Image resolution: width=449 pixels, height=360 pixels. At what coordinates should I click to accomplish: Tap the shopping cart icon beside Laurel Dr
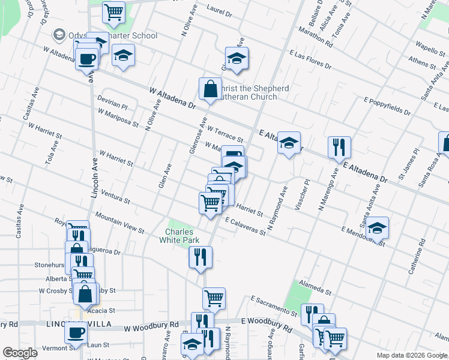pos(113,12)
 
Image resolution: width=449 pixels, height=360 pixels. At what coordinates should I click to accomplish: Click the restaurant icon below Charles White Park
pos(200,257)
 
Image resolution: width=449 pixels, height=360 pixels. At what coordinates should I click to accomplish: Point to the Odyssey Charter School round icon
pos(59,35)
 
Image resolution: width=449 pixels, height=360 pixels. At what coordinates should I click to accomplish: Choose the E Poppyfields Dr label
pos(387,104)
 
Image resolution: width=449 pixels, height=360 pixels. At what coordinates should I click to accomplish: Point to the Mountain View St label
pos(119,222)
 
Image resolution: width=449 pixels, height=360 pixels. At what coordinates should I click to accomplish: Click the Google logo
pos(20,353)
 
